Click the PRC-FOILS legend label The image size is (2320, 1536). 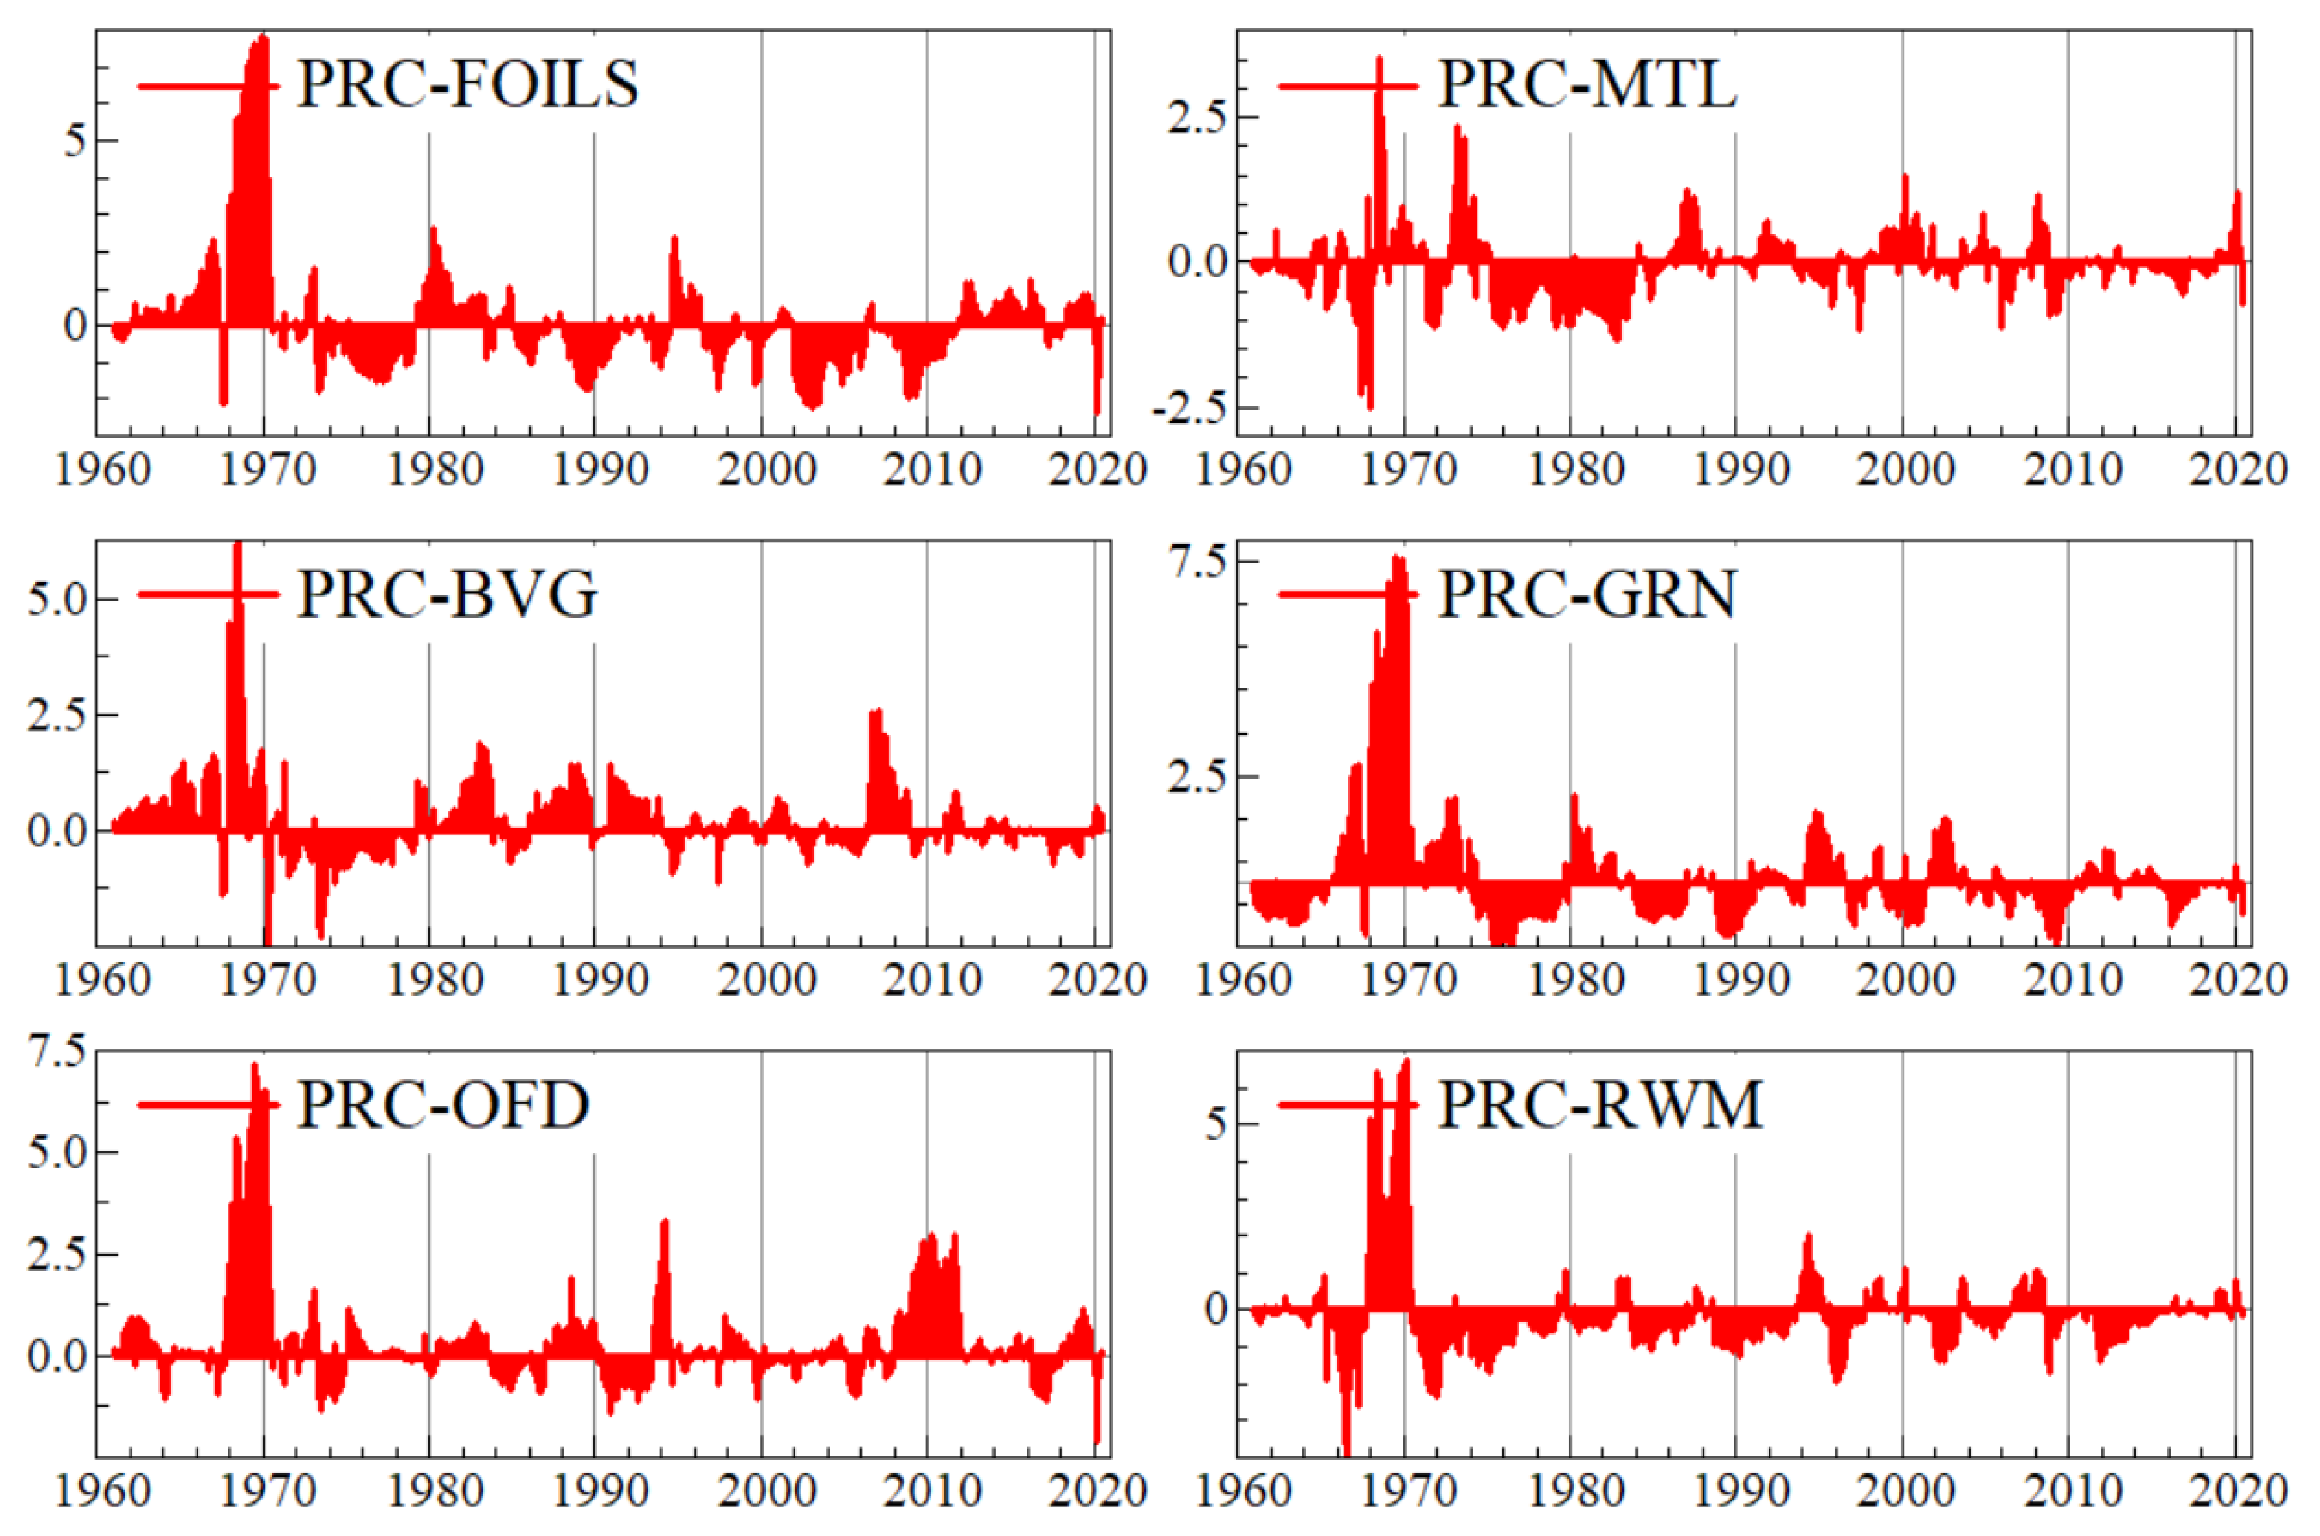467,84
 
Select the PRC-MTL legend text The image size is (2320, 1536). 1587,84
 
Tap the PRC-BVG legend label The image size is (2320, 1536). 447,595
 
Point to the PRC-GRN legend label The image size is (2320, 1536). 1587,595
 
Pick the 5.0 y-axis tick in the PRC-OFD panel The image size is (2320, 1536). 57,1152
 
